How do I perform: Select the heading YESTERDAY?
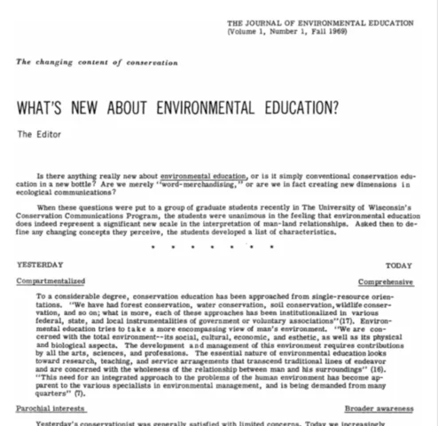[x=39, y=264]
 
